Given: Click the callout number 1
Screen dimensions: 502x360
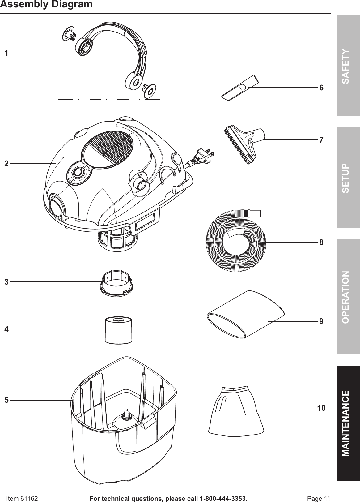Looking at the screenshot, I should (6, 53).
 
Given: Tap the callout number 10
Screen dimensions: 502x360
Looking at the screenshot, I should (321, 408).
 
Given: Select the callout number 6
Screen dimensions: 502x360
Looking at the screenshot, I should (321, 88).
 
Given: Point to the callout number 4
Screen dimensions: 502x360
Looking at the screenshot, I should (6, 329).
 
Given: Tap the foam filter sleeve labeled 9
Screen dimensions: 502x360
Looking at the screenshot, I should (246, 314).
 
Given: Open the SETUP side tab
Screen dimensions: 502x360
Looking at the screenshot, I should (348, 178).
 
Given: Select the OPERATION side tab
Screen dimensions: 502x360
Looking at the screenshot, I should (348, 297).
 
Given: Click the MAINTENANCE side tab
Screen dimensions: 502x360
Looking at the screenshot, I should (348, 423).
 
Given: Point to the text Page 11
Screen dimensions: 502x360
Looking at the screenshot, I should (318, 498).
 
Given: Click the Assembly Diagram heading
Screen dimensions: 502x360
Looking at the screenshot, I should (46, 4).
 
